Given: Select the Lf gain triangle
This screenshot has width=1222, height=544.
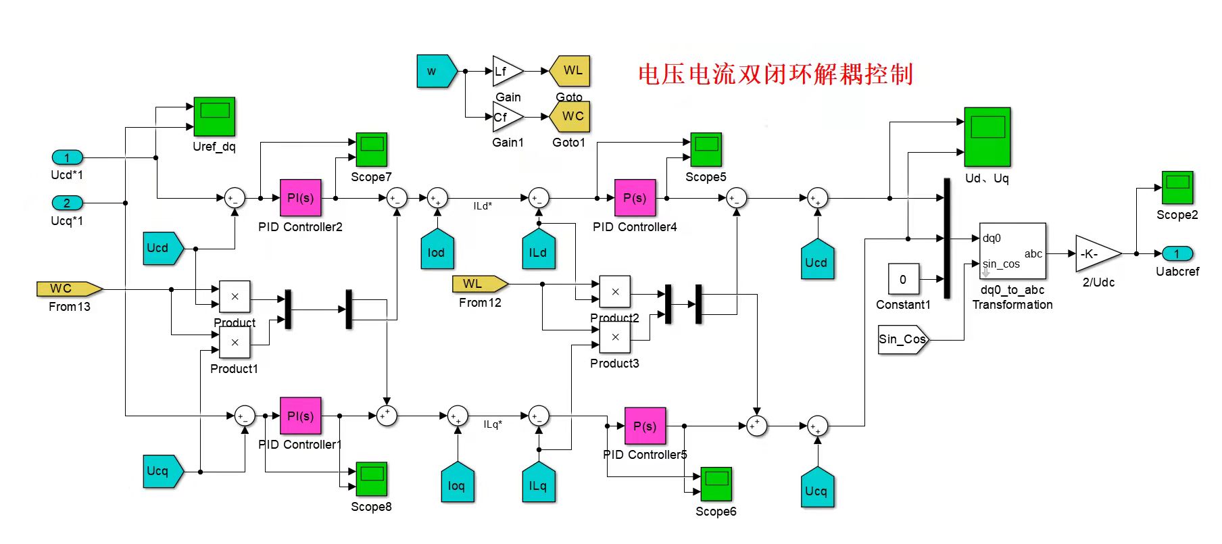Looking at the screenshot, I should pos(506,71).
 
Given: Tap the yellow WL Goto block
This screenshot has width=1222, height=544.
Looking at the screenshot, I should pos(570,71).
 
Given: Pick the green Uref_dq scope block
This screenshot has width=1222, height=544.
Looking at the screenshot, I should pos(214,116).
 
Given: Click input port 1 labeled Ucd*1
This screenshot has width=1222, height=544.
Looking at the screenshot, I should pos(67,157).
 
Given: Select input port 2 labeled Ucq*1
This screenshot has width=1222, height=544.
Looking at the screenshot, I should pos(67,203).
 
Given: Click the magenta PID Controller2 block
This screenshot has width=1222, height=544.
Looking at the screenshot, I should pos(300,198).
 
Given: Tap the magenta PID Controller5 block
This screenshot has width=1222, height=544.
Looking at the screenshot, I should pos(645,426).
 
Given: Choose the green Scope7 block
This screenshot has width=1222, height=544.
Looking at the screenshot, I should pos(371,150).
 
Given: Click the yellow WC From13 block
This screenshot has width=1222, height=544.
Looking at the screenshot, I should pos(68,289).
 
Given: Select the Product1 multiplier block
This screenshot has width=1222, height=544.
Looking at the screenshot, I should pos(235,343).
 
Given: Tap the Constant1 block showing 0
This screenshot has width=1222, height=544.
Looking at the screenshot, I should pos(903,279).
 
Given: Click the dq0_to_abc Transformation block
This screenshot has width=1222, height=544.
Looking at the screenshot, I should pos(1012,251).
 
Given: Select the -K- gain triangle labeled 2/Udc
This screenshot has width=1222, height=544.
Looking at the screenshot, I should pos(1095,254).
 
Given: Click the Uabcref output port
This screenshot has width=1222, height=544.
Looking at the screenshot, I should pos(1177,254).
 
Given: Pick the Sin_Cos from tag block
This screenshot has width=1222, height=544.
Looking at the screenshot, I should pos(902,339).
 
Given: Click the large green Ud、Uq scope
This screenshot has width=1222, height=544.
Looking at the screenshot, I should pos(987,137).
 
